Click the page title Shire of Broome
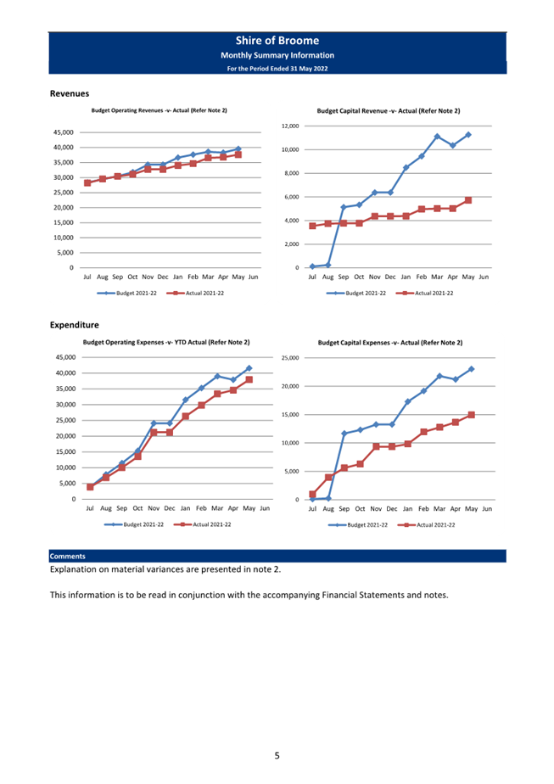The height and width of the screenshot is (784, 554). (x=277, y=41)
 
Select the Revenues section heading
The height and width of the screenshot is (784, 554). (x=70, y=93)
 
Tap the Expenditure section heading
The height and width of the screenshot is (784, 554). (x=75, y=325)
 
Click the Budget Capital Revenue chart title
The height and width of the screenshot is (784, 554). (x=389, y=111)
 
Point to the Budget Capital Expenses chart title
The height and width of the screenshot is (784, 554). (x=390, y=343)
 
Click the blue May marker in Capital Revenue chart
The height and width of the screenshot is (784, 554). (x=468, y=135)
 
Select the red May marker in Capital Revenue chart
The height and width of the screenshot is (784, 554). (x=468, y=200)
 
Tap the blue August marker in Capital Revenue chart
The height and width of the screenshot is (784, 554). (x=328, y=265)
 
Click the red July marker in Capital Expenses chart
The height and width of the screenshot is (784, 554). (x=312, y=494)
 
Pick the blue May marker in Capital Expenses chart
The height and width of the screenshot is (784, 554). (x=471, y=369)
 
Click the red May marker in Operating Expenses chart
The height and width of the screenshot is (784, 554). (x=249, y=379)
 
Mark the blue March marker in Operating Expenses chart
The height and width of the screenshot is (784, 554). (x=217, y=376)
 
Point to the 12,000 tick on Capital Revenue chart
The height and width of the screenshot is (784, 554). (x=290, y=126)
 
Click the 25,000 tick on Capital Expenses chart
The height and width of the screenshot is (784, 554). (x=290, y=358)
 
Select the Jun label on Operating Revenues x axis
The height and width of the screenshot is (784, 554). (x=254, y=277)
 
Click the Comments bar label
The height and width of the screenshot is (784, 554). (x=68, y=556)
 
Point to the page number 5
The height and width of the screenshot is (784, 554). (x=277, y=755)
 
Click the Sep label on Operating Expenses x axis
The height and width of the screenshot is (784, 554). (x=121, y=508)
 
